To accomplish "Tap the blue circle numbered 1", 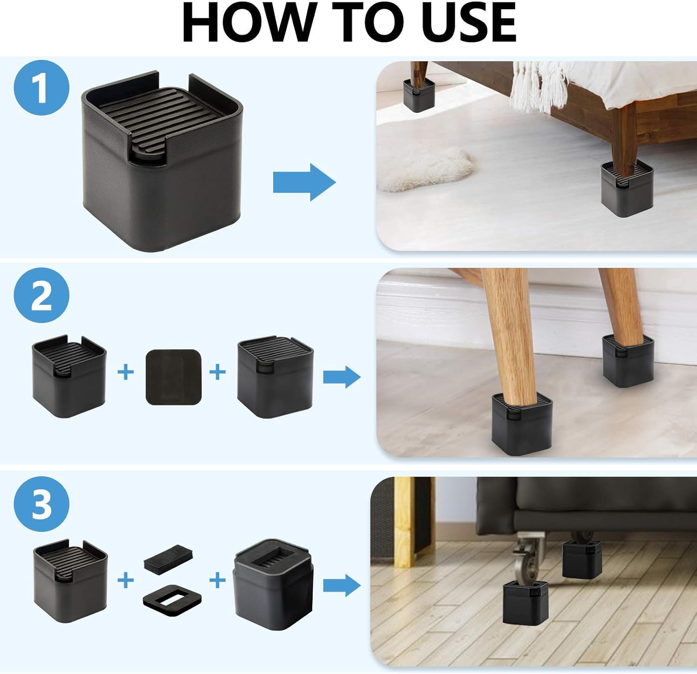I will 41,88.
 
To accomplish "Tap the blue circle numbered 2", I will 41,295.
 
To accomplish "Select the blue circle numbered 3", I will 41,504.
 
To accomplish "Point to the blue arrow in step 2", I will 342,376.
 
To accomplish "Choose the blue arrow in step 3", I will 342,585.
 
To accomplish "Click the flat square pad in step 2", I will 173,377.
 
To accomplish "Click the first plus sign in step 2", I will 125,372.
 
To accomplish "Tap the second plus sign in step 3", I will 217,580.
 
